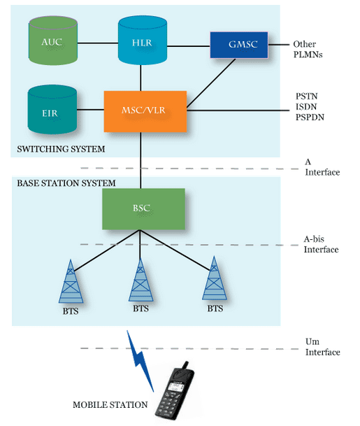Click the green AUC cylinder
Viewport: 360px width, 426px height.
pos(53,41)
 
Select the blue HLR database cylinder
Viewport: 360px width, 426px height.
pos(143,40)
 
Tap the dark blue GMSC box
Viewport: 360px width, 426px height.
pos(239,45)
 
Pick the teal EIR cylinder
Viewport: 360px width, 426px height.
pos(52,110)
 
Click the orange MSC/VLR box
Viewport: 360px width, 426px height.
pos(145,111)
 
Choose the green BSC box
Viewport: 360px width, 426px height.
pos(143,209)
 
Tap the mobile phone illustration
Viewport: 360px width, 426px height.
pos(174,392)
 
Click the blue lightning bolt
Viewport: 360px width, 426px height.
pos(140,361)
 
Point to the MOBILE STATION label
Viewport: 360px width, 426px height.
pos(110,404)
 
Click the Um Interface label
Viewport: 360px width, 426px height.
pos(322,347)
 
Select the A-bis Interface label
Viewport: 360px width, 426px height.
pos(321,244)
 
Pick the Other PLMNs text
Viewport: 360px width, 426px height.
pos(308,49)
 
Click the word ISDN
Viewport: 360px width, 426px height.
pos(306,106)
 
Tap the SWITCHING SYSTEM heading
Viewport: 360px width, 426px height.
pos(61,149)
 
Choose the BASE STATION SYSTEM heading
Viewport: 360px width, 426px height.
pos(66,183)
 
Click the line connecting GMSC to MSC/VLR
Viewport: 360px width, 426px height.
pos(211,83)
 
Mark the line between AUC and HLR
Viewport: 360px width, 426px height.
pos(98,43)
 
